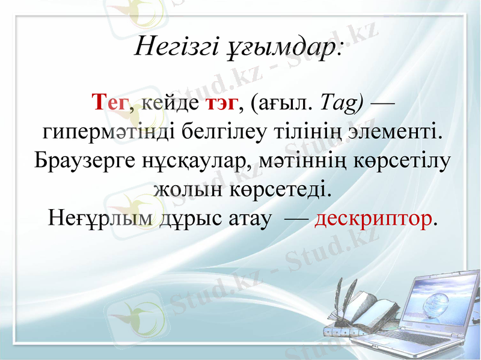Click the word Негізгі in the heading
[x=174, y=46]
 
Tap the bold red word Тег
[x=109, y=103]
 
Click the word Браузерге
[x=82, y=161]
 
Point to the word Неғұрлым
[x=100, y=219]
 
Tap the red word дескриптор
[x=373, y=219]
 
